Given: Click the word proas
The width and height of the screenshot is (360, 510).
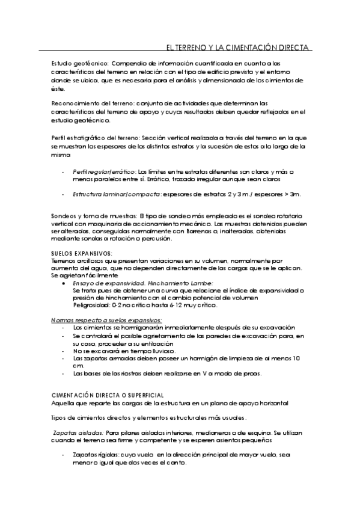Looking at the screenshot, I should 251,373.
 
